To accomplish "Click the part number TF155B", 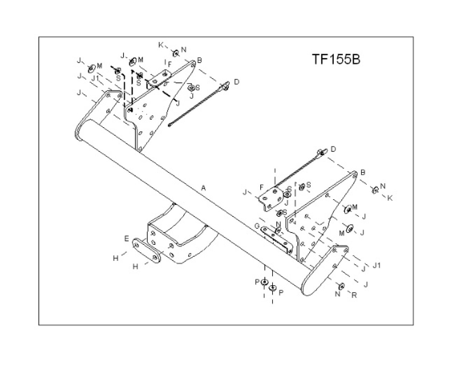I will point(335,59).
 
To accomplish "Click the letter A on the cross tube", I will point(203,187).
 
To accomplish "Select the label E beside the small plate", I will point(126,238).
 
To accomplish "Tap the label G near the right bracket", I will point(257,226).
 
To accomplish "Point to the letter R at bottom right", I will point(354,295).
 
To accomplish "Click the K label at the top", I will point(161,44).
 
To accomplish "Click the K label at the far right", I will point(390,197).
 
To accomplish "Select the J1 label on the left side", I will point(95,78).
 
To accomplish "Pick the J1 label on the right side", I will point(377,266).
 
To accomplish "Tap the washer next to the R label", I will point(341,286).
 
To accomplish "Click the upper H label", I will point(116,258).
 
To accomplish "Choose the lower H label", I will point(136,266).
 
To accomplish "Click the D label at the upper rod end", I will point(236,82).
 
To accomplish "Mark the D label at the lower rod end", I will point(333,149).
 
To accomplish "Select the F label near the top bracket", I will point(170,65).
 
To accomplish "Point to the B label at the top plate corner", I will point(199,60).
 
